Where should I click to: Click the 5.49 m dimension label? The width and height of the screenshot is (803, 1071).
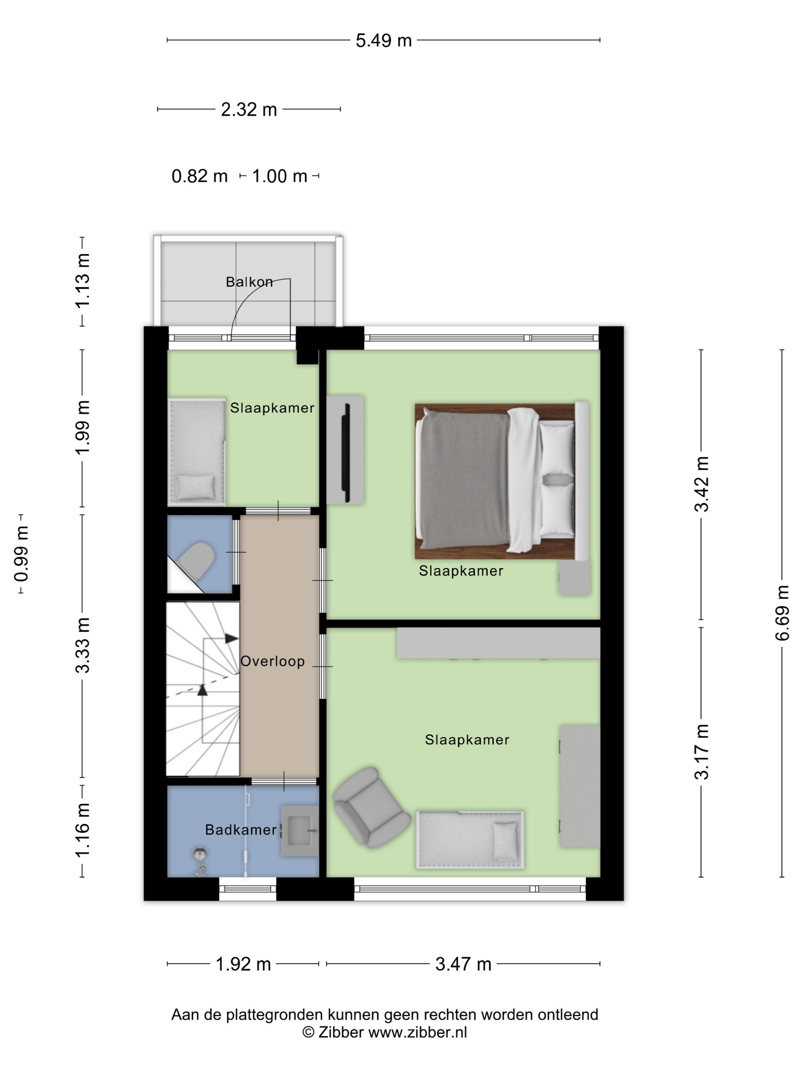(384, 41)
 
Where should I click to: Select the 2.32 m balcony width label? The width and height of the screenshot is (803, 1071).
(249, 110)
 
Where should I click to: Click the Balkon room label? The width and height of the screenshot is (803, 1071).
(249, 282)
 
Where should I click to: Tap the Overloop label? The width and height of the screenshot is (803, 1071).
(273, 661)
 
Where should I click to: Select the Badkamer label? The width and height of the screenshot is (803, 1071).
(241, 830)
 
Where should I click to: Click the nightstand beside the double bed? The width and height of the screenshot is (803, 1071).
(575, 578)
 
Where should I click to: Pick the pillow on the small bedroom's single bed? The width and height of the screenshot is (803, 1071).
(195, 487)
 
